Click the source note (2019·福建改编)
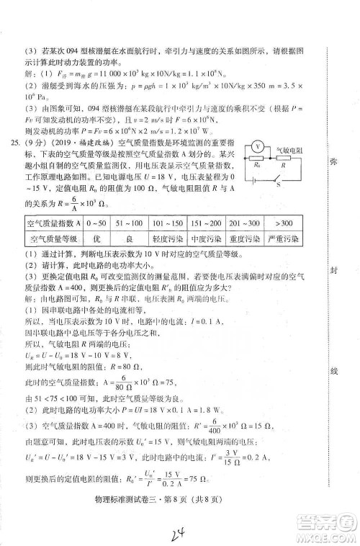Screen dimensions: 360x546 click(x=76, y=143)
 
